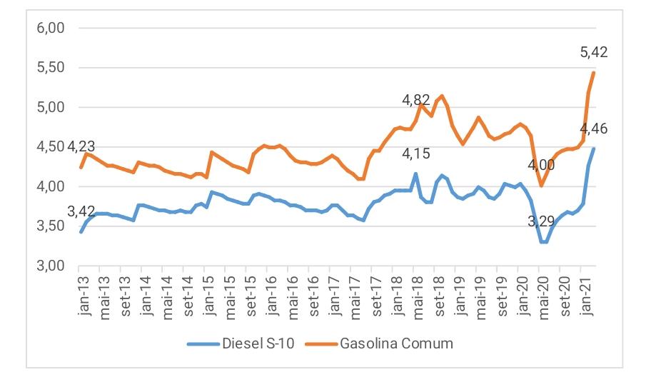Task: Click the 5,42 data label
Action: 593,51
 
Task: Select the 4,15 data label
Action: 416,153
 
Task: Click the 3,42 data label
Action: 81,212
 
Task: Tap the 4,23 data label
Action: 81,147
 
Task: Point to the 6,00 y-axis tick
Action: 51,29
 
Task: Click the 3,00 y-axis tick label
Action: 51,266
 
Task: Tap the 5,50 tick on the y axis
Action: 51,68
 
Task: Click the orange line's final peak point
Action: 594,73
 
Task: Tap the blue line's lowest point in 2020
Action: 544,242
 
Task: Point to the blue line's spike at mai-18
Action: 415,174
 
